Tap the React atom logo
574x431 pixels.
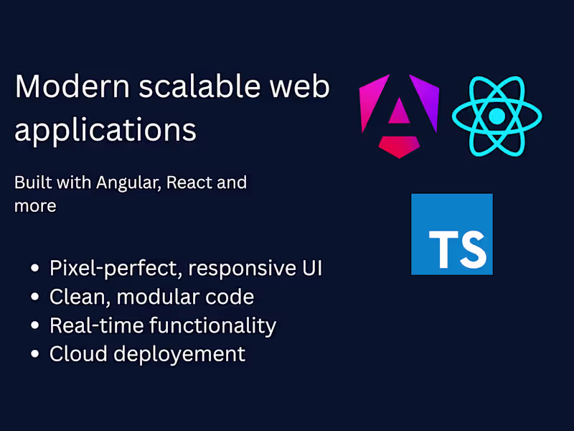[497, 116]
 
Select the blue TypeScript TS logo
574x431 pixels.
[452, 234]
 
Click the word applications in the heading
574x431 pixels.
[105, 130]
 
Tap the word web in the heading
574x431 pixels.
[300, 87]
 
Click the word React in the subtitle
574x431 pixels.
[189, 182]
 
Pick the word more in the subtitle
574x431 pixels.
[35, 206]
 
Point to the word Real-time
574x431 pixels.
[96, 325]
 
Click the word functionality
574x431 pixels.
[213, 325]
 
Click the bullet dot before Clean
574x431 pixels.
[35, 297]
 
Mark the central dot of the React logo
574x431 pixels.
[497, 116]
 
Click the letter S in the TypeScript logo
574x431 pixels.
[470, 248]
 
